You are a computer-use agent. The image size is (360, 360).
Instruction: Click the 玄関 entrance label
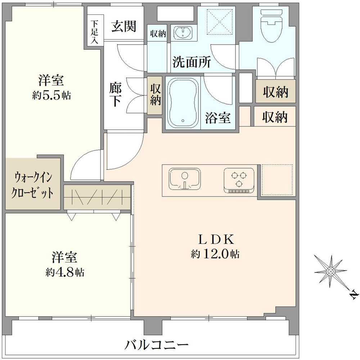pyautogui.click(x=123, y=27)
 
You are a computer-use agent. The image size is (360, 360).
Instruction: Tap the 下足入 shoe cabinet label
pyautogui.click(x=94, y=31)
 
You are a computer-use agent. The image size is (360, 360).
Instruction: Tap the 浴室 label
pyautogui.click(x=218, y=118)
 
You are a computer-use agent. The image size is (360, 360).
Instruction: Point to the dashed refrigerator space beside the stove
pyautogui.click(x=276, y=180)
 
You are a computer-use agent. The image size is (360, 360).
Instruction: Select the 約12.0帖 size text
pyautogui.click(x=215, y=255)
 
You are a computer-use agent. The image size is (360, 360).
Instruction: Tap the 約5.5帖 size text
pyautogui.click(x=51, y=95)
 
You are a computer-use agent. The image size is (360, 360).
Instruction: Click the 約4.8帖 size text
pyautogui.click(x=65, y=272)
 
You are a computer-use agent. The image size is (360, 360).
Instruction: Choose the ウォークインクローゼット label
pyautogui.click(x=33, y=185)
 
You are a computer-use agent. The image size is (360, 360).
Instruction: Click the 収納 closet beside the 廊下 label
pyautogui.click(x=155, y=95)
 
